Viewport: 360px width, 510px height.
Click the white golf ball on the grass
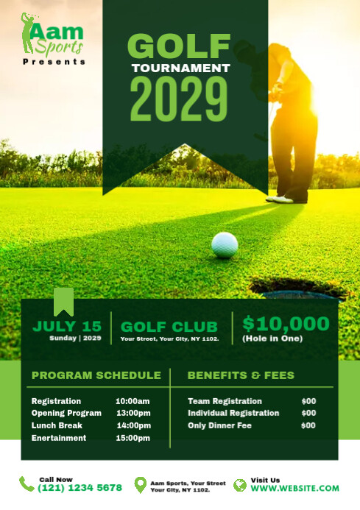coord(225,245)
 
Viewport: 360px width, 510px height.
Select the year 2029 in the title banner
coord(179,99)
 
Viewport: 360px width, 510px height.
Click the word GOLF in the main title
coord(179,46)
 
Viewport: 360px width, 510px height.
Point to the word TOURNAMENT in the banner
coord(180,68)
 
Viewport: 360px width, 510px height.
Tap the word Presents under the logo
coord(54,62)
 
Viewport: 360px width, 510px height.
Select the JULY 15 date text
coord(67,326)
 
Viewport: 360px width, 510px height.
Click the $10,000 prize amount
coord(286,323)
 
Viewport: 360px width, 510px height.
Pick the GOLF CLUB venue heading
coord(169,327)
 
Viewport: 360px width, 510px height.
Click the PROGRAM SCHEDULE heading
coord(96,375)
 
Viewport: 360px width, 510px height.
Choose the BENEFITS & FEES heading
coord(241,375)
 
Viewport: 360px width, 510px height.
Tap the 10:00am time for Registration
coord(133,401)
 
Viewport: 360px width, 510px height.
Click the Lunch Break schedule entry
coord(57,425)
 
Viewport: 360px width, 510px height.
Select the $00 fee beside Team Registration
coord(308,401)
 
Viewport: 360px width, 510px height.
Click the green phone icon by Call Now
coord(26,484)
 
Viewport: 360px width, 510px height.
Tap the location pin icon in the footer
coord(140,484)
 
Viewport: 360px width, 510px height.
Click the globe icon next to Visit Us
coord(239,484)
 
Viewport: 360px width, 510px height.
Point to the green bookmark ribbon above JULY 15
coord(64,301)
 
